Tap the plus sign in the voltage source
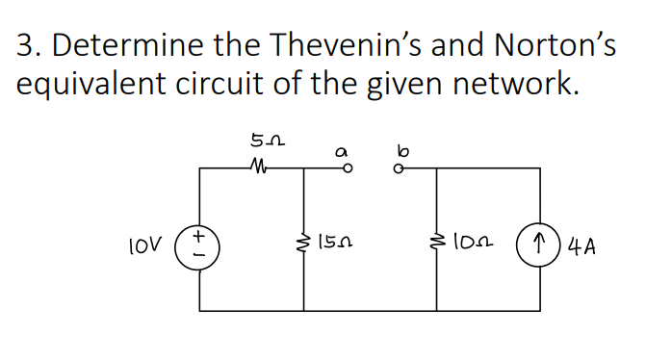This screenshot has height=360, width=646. click(x=200, y=234)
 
